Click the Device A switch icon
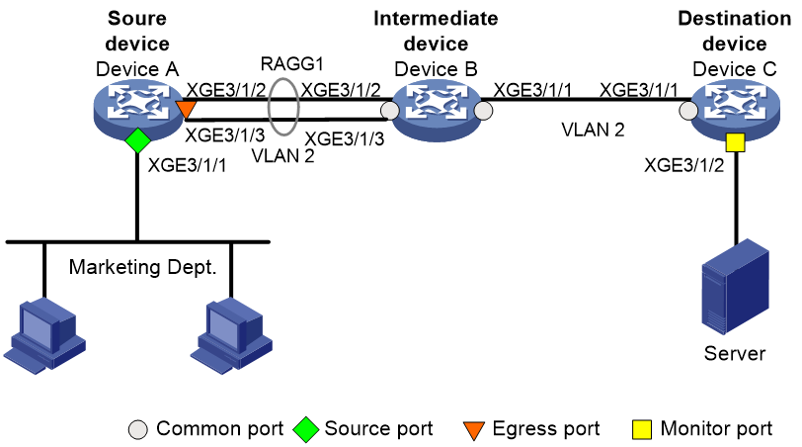(x=138, y=109)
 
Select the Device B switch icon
(x=437, y=110)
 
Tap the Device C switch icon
(x=735, y=110)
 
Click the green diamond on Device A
(x=137, y=140)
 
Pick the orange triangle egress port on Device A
(x=186, y=109)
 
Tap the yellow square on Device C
(x=735, y=142)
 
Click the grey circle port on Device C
(x=688, y=110)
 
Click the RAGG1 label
(x=292, y=64)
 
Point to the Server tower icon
(x=736, y=286)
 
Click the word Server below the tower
(x=735, y=353)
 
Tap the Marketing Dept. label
(x=142, y=267)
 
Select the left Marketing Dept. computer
(x=44, y=336)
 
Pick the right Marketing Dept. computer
(x=231, y=336)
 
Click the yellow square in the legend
(x=642, y=429)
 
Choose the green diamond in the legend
(x=305, y=429)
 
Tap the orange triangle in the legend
(x=474, y=430)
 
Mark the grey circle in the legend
(x=138, y=429)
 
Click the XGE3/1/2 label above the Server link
(x=683, y=165)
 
